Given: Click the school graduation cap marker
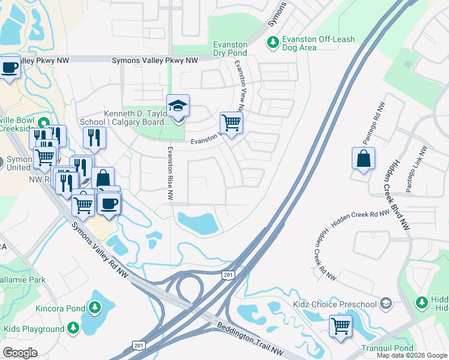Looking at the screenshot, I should click(178, 106).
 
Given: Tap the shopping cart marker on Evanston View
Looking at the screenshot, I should click(231, 123).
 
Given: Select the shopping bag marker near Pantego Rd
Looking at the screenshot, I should click(363, 159).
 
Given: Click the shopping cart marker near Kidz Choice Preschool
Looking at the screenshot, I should click(340, 326).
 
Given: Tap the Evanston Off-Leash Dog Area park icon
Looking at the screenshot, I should click(273, 41).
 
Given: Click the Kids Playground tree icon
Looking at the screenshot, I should click(73, 328).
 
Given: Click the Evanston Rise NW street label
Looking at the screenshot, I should click(170, 173).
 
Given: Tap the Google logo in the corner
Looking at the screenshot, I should click(20, 352).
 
